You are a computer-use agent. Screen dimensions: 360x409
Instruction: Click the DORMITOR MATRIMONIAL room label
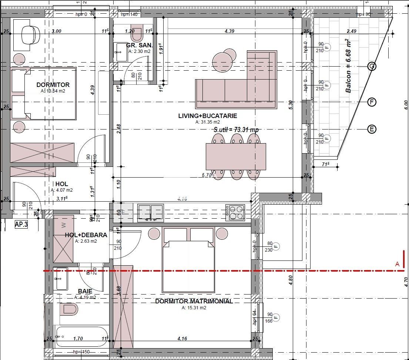pyautogui.click(x=194, y=301)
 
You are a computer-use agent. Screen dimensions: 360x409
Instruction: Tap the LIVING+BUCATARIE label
pyautogui.click(x=207, y=116)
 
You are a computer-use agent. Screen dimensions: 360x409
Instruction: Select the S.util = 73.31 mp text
pyautogui.click(x=236, y=130)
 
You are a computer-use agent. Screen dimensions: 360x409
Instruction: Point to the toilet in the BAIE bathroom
pyautogui.click(x=70, y=309)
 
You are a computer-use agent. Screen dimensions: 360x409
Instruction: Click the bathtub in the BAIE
pyautogui.click(x=81, y=336)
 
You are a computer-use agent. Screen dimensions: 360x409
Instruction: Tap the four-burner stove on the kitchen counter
pyautogui.click(x=235, y=212)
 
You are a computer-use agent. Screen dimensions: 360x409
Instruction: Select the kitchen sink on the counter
pyautogui.click(x=150, y=213)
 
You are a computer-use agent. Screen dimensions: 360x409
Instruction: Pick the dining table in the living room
pyautogui.click(x=236, y=156)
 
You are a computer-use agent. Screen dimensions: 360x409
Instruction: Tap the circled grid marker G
pyautogui.click(x=372, y=67)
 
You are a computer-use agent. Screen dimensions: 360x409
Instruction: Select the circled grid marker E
pyautogui.click(x=372, y=129)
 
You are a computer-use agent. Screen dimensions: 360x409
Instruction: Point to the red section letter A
pyautogui.click(x=398, y=264)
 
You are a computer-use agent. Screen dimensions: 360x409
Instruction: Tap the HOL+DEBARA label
pyautogui.click(x=86, y=235)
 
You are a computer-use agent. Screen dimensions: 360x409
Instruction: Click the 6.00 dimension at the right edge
pyautogui.click(x=406, y=107)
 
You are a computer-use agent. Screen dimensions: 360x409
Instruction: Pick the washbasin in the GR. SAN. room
pyautogui.click(x=120, y=53)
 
